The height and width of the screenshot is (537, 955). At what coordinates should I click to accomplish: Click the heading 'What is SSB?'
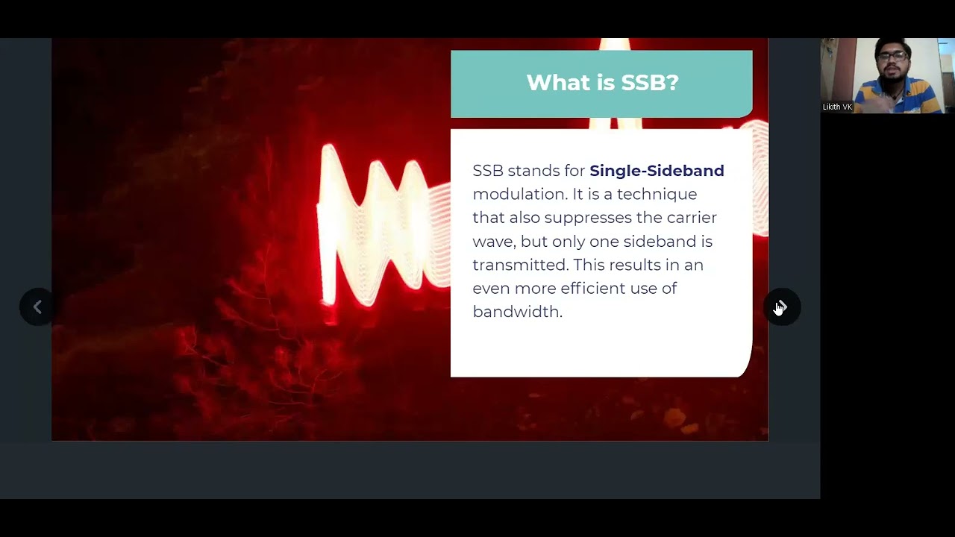tap(602, 83)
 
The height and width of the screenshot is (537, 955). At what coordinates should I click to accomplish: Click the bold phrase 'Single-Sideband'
tap(657, 171)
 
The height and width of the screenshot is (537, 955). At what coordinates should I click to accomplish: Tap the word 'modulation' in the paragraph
tap(519, 194)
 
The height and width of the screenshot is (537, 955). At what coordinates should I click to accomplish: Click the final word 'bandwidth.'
tap(517, 312)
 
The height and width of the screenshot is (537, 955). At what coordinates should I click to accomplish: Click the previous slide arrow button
tap(37, 307)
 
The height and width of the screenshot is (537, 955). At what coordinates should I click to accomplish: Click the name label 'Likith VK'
tap(837, 107)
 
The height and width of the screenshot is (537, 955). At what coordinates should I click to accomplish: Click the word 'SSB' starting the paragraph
tap(488, 171)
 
